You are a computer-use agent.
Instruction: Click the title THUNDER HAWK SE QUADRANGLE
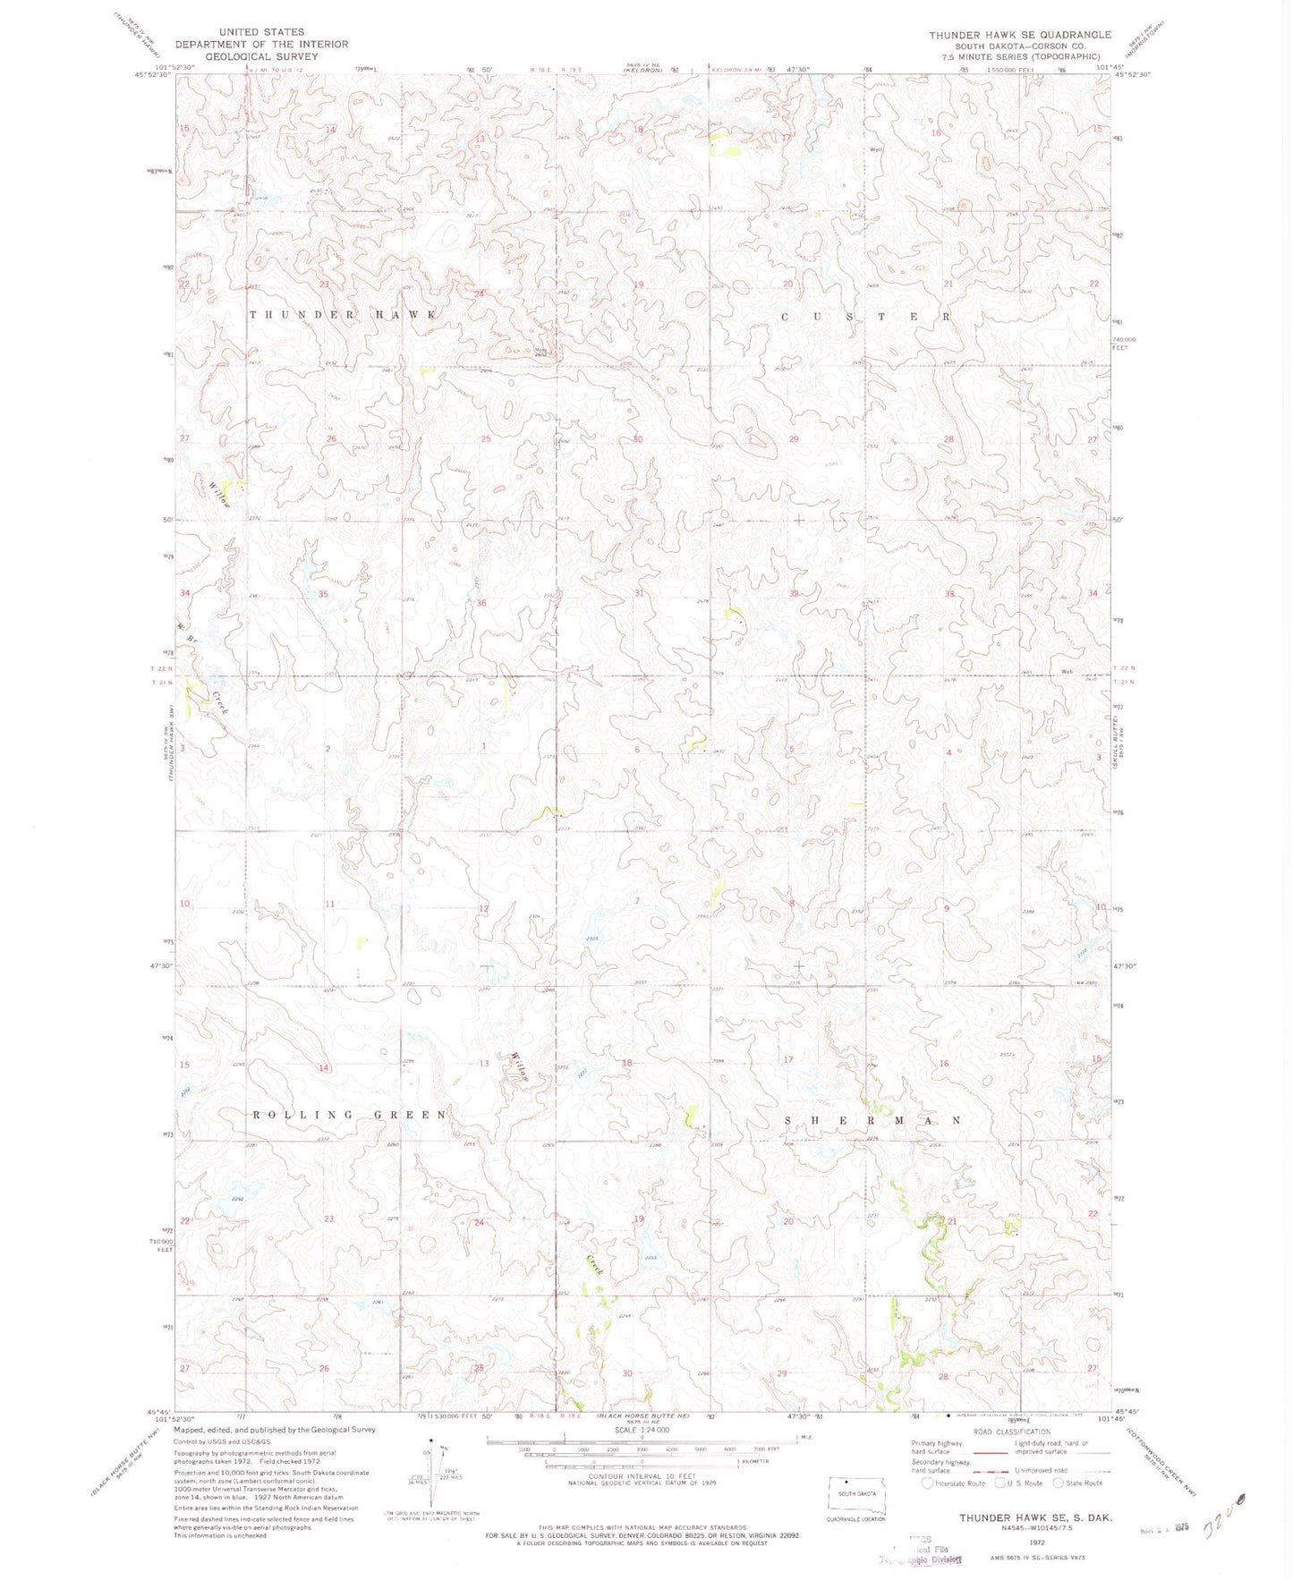coord(1019,35)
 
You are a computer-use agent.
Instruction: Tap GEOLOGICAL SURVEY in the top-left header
coord(261,56)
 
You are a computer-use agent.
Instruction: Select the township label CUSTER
coord(866,317)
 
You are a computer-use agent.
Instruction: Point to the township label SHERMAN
coord(873,1120)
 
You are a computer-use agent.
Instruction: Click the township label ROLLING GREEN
coord(349,1115)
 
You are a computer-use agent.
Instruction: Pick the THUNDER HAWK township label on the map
coord(343,315)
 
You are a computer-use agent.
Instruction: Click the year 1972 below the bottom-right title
coord(1036,1543)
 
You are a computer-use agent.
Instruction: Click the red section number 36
coord(481,603)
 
